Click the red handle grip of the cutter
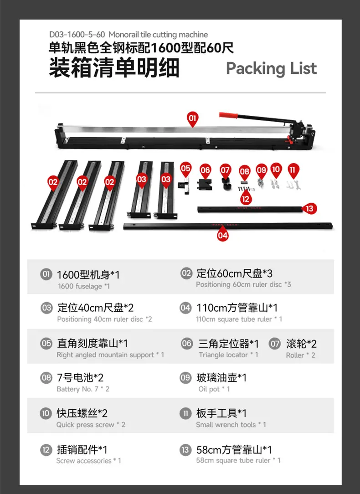click(228, 115)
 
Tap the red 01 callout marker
click(192, 119)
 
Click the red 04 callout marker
click(222, 234)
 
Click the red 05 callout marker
click(185, 170)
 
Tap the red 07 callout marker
click(225, 171)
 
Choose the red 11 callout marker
click(293, 171)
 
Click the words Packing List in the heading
click(272, 68)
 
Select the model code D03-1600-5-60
click(77, 34)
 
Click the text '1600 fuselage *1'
click(84, 286)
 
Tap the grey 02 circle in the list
click(186, 273)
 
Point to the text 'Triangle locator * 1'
click(228, 355)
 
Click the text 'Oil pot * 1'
click(214, 389)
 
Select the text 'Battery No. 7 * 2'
click(83, 389)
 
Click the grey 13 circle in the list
click(185, 450)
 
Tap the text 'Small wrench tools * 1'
click(231, 424)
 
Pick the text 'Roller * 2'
click(300, 355)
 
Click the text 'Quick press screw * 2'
click(91, 424)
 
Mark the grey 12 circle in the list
click(46, 450)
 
